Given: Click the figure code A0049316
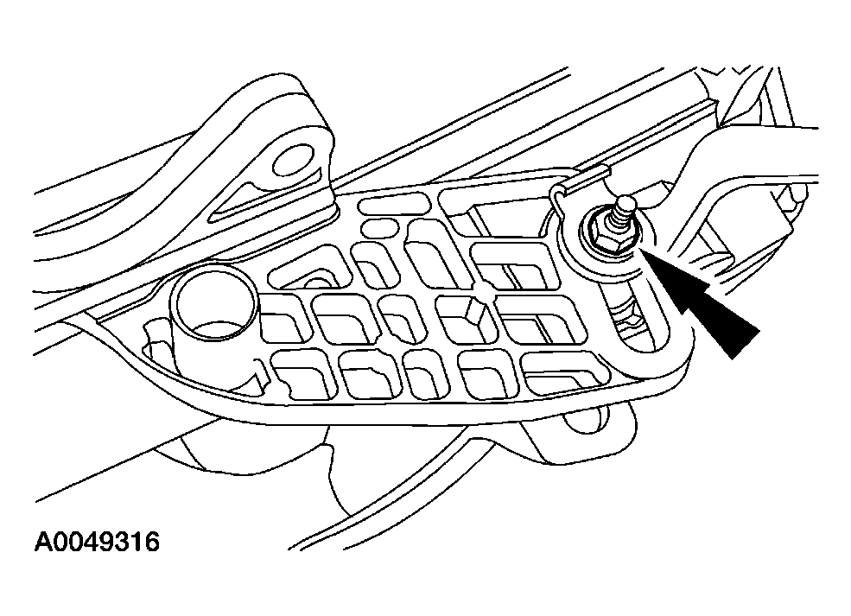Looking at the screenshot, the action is pyautogui.click(x=97, y=542).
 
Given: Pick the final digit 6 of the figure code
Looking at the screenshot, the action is pyautogui.click(x=152, y=542).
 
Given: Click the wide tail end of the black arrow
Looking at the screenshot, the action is pyautogui.click(x=745, y=343).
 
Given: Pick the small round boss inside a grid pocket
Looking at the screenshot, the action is pyautogui.click(x=314, y=282).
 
